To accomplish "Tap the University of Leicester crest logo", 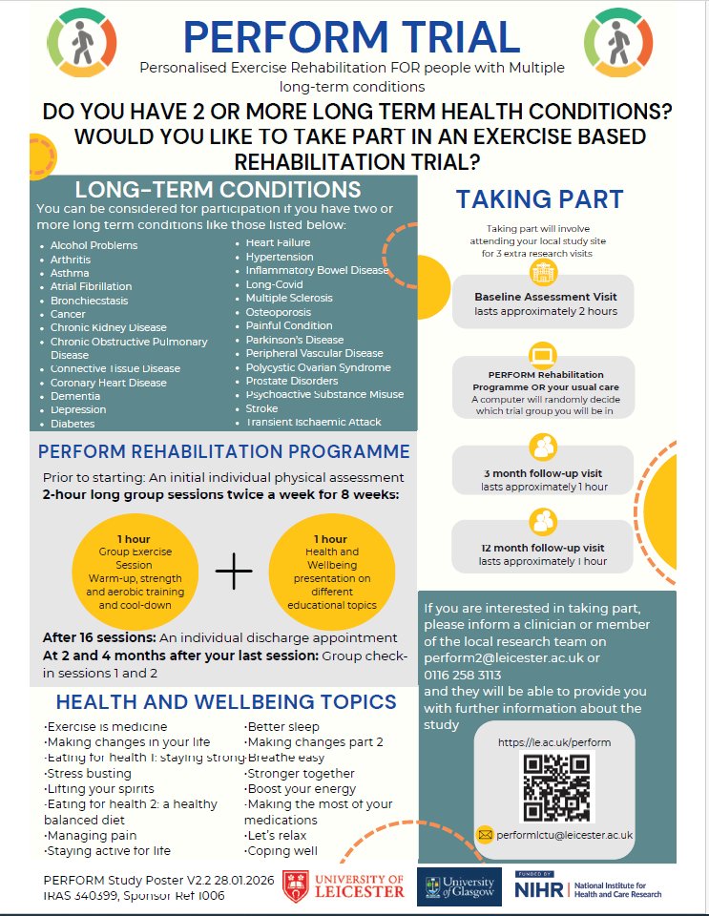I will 295,886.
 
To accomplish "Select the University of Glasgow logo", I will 460,887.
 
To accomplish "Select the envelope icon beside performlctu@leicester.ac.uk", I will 485,835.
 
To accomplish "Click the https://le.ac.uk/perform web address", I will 554,741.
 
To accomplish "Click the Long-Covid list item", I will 275,284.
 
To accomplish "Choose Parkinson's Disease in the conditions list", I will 295,340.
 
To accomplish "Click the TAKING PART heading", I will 539,198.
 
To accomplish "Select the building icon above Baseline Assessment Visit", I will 543,273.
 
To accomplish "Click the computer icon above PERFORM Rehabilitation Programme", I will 543,356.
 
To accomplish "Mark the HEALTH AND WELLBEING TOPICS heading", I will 226,702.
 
